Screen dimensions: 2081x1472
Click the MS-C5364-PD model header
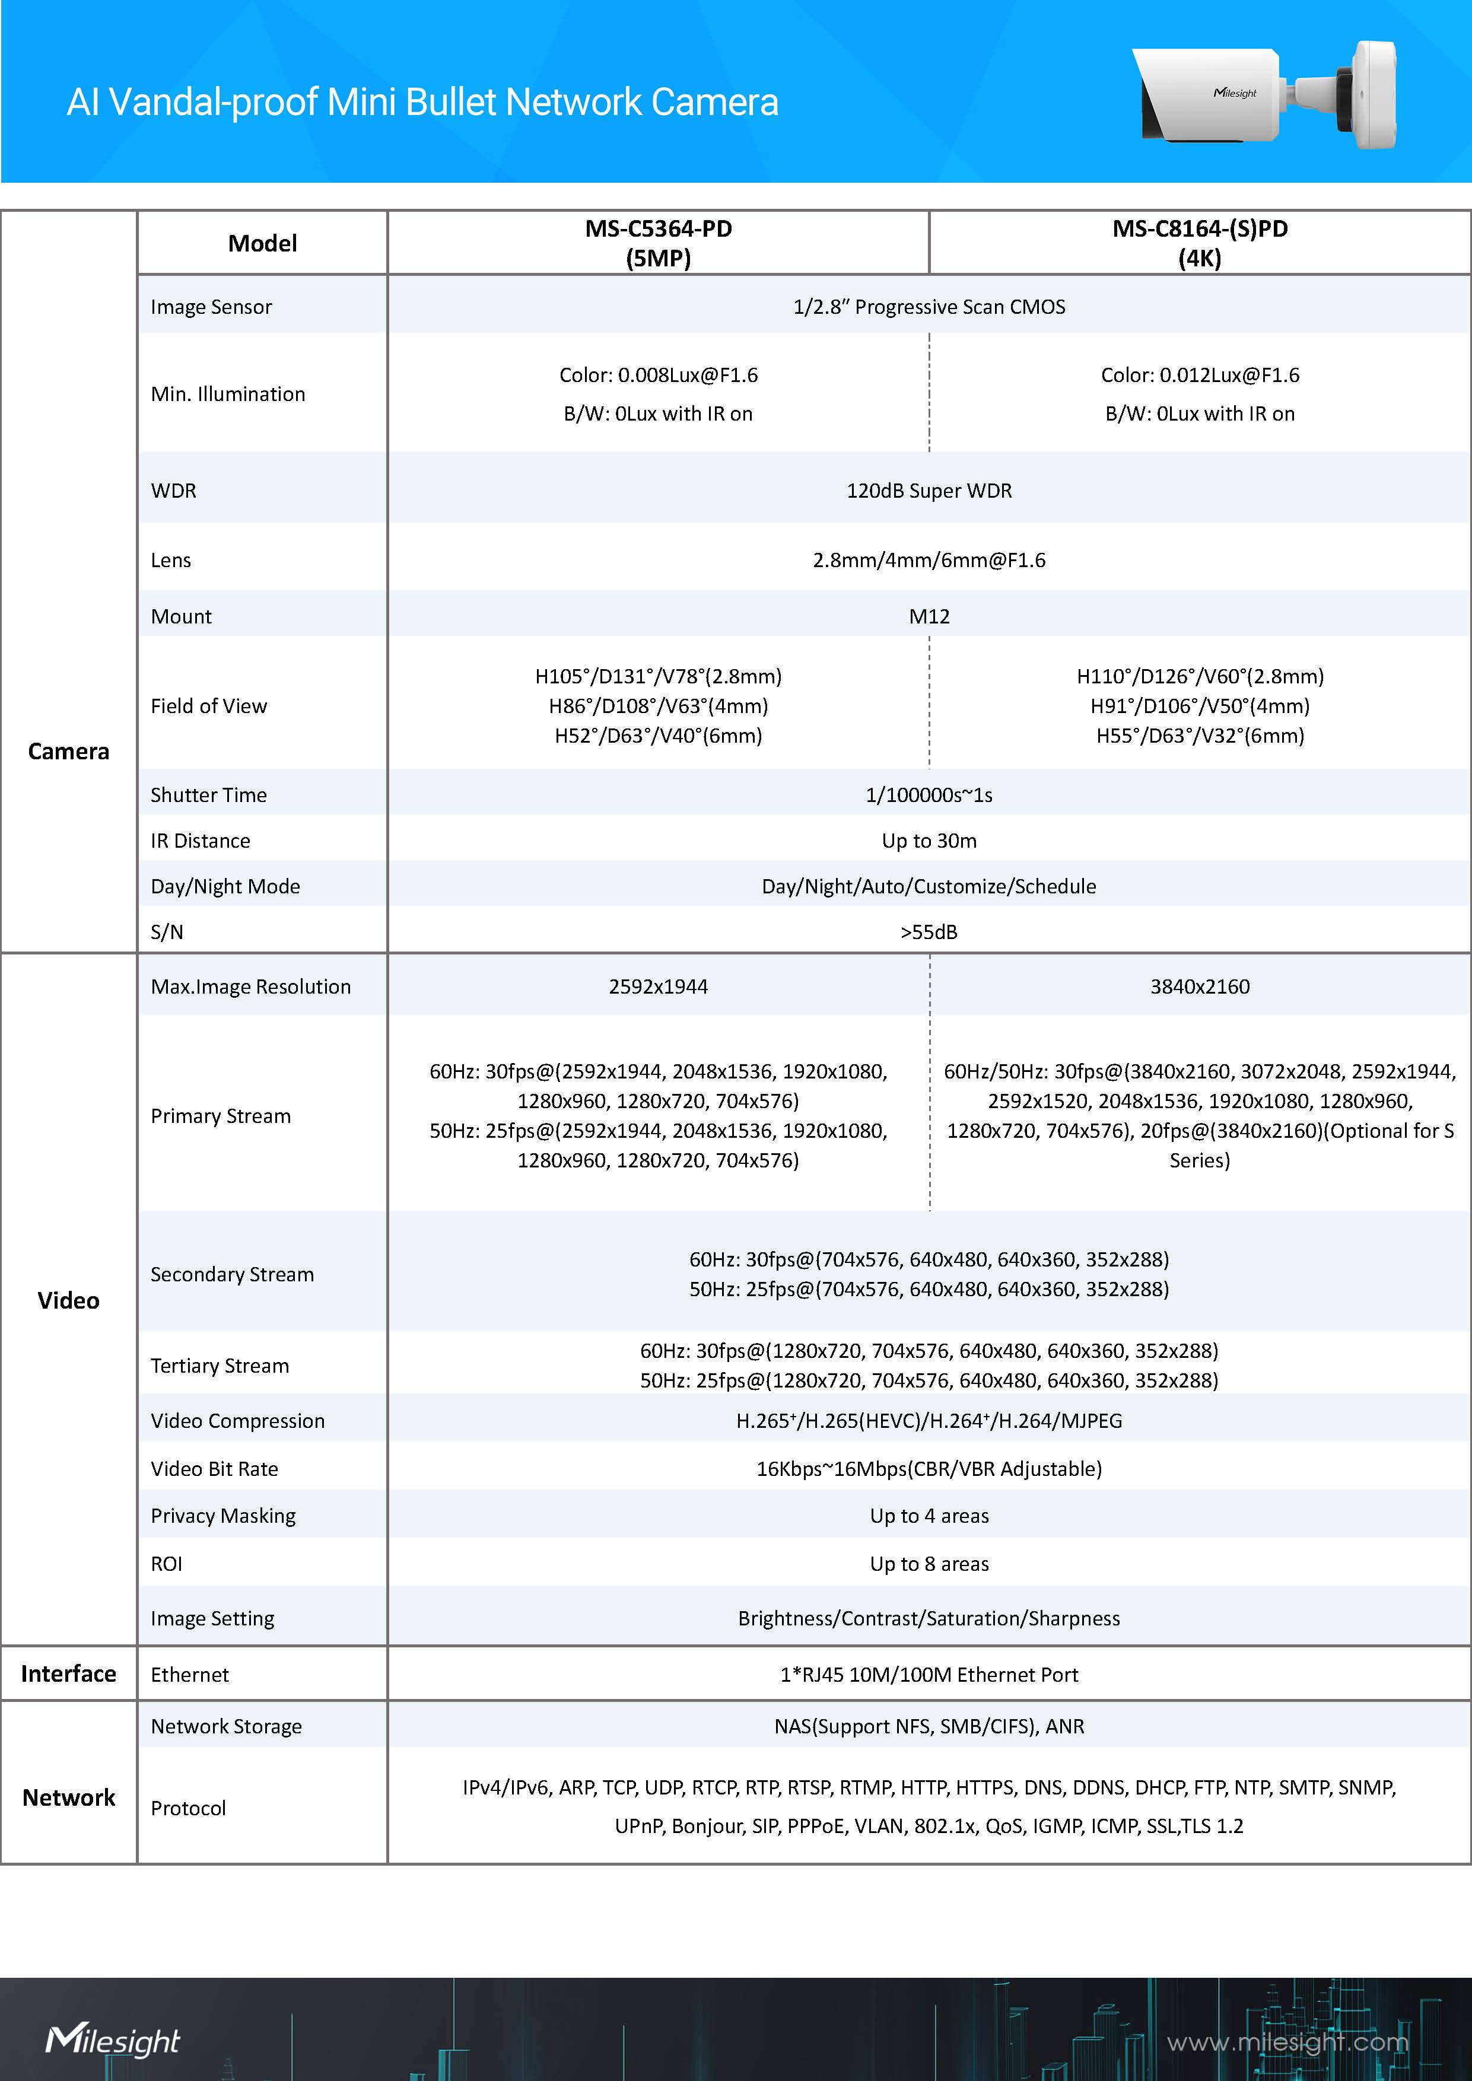click(658, 243)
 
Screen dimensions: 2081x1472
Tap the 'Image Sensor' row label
click(211, 307)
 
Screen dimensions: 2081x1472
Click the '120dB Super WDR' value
click(929, 491)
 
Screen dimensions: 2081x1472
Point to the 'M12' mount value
click(929, 616)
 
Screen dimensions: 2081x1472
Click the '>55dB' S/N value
click(929, 932)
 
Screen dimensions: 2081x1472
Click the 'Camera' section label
click(69, 752)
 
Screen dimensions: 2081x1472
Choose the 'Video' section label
click(69, 1300)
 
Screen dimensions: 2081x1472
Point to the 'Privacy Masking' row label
click(223, 1516)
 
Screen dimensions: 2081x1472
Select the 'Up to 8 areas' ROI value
click(929, 1564)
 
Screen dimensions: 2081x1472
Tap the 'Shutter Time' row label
click(208, 795)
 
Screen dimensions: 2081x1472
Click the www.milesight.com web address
click(1287, 2042)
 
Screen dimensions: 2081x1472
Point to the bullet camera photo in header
click(1264, 93)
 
